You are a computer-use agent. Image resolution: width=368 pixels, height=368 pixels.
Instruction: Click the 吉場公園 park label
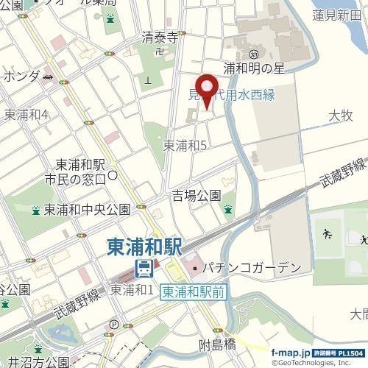click(x=197, y=195)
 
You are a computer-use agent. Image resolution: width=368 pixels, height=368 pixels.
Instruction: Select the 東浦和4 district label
click(x=26, y=114)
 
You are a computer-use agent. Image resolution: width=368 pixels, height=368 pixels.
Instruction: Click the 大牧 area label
click(x=341, y=116)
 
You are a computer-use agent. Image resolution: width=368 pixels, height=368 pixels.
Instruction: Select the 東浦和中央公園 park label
click(x=87, y=210)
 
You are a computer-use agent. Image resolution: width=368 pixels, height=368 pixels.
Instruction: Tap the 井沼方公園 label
click(x=35, y=361)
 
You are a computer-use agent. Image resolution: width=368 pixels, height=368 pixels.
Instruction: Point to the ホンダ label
click(x=21, y=77)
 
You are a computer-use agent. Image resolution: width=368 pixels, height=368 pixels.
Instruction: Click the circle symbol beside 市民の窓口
click(x=113, y=175)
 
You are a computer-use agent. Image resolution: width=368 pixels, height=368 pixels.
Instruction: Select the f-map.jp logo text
click(x=294, y=353)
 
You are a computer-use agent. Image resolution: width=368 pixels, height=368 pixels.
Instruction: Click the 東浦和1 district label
click(x=132, y=291)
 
